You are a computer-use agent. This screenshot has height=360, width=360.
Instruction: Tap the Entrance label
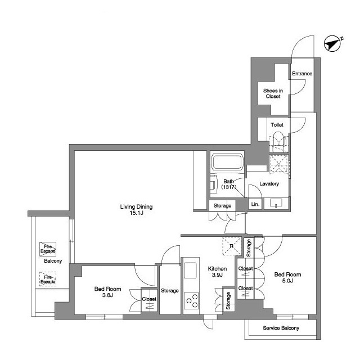(302, 74)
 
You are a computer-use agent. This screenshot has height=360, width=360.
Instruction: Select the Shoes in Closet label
(273, 93)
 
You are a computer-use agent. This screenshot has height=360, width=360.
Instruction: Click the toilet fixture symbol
(278, 142)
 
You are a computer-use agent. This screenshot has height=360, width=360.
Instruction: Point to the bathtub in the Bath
(227, 162)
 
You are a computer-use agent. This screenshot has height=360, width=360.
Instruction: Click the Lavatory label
(269, 184)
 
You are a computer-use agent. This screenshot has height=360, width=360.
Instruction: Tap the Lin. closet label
(255, 204)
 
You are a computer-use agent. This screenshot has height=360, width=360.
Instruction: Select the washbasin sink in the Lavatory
(276, 204)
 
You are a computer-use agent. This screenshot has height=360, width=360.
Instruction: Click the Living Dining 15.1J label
(136, 210)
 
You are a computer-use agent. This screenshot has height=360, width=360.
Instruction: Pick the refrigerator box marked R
(232, 246)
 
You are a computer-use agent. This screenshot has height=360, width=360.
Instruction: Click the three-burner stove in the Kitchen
(191, 300)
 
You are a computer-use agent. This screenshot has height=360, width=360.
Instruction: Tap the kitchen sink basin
(190, 270)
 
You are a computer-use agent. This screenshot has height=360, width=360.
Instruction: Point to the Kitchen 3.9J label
(217, 272)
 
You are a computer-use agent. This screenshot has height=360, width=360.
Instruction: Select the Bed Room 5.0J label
(287, 277)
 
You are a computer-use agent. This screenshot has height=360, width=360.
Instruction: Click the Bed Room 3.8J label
(107, 292)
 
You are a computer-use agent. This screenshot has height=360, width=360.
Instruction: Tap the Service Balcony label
(281, 328)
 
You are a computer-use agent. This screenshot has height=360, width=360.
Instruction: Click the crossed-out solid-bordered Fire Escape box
(48, 249)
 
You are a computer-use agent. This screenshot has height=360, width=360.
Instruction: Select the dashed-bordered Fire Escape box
(48, 279)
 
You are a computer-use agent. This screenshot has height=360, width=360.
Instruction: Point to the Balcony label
(53, 261)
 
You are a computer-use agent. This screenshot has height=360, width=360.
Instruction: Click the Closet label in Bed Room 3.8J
(149, 299)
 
